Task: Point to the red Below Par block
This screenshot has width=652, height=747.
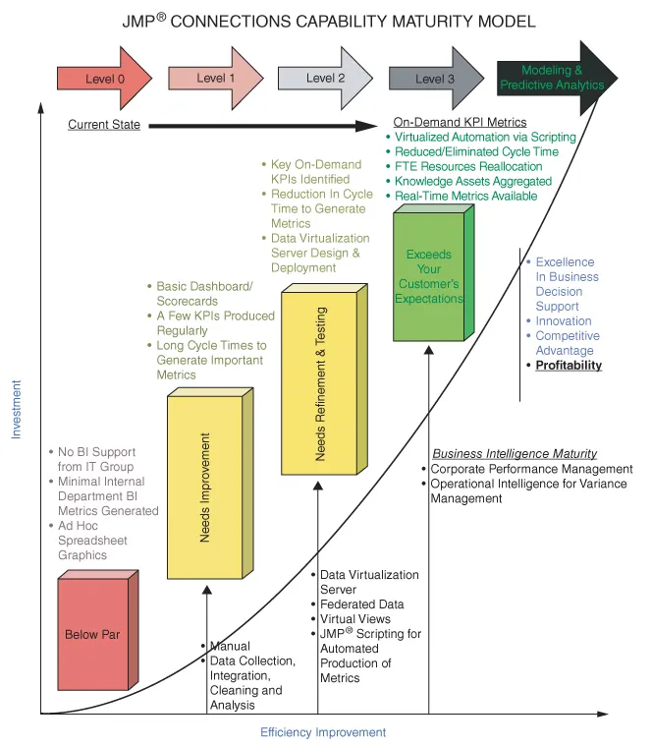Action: pos(92,634)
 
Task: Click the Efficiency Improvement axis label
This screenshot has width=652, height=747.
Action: pos(323,732)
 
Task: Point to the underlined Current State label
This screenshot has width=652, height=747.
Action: pos(104,125)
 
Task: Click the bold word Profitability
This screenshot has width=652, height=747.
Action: pos(569,366)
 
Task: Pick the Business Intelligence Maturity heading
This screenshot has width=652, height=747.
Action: pos(515,453)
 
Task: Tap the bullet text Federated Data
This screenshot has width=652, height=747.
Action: pos(361,604)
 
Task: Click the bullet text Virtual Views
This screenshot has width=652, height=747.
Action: pos(354,619)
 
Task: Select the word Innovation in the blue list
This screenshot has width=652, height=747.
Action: pos(564,320)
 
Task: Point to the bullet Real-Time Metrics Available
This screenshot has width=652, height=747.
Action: pos(466,197)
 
